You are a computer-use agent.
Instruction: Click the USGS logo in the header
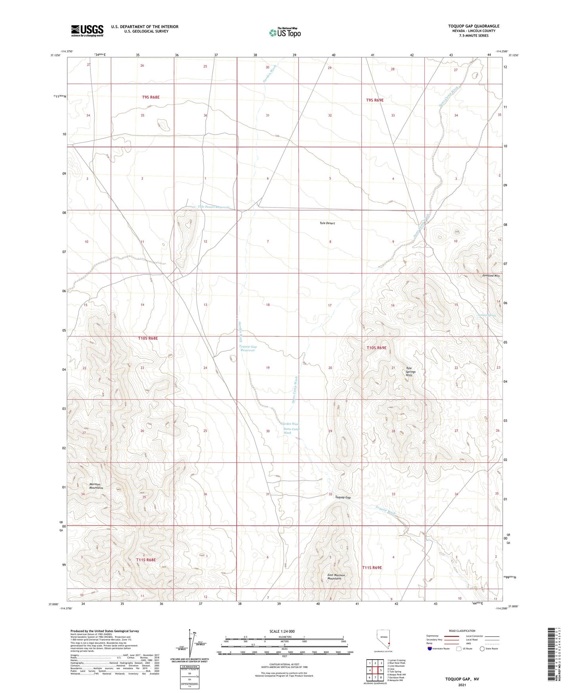pyautogui.click(x=87, y=31)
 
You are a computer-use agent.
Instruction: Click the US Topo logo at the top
pyautogui.click(x=284, y=33)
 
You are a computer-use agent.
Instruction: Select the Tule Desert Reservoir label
pyautogui.click(x=214, y=207)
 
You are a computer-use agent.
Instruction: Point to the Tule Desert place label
pyautogui.click(x=327, y=223)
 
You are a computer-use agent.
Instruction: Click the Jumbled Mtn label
pyautogui.click(x=491, y=275)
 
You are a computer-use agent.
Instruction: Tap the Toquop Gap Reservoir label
pyautogui.click(x=248, y=348)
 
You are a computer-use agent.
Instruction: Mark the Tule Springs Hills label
pyautogui.click(x=410, y=372)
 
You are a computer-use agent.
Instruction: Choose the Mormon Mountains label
pyautogui.click(x=96, y=486)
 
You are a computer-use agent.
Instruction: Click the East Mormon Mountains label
pyautogui.click(x=336, y=577)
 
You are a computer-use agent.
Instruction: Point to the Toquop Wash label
pyautogui.click(x=385, y=510)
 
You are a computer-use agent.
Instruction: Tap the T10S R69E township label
pyautogui.click(x=376, y=348)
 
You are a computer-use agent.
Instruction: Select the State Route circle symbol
pyautogui.click(x=482, y=649)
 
